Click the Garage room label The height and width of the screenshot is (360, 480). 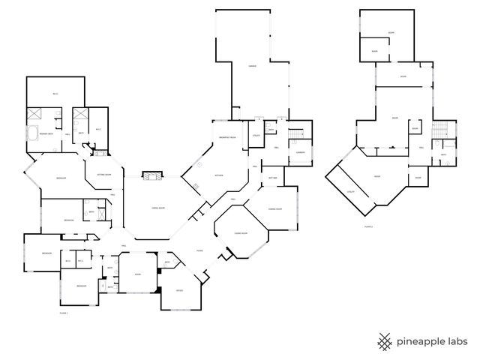click(x=253, y=66)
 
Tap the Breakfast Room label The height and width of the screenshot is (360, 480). click(x=227, y=138)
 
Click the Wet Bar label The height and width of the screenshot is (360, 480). click(x=273, y=177)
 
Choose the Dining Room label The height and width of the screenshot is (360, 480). click(x=275, y=208)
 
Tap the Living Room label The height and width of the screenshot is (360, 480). click(x=241, y=234)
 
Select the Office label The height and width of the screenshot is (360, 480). click(x=180, y=290)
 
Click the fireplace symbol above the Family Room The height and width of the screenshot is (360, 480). click(x=153, y=175)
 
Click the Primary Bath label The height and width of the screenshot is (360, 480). click(x=45, y=133)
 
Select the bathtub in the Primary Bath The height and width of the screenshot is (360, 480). click(x=34, y=136)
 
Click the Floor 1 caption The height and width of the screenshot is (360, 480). click(x=64, y=313)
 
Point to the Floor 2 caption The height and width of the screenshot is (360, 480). click(x=367, y=225)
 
